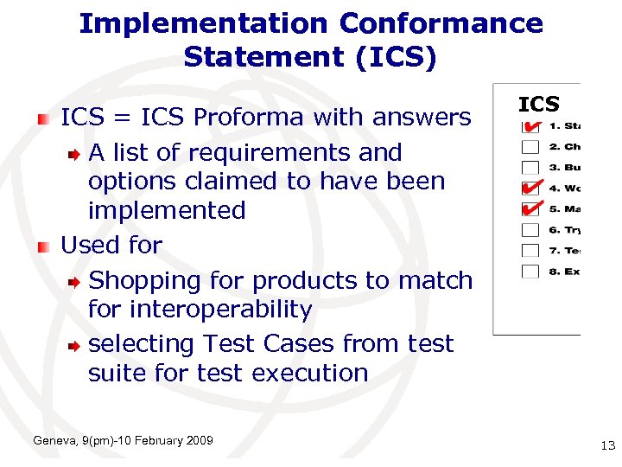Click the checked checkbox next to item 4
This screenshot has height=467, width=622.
point(530,189)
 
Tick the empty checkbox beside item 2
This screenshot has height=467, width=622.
point(530,147)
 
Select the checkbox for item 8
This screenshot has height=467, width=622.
point(530,272)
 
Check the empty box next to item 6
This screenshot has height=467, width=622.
point(530,230)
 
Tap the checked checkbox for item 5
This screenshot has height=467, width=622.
point(530,209)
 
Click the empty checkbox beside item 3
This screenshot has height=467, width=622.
point(530,168)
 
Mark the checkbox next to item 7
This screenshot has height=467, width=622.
point(530,251)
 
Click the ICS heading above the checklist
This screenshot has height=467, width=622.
point(539,105)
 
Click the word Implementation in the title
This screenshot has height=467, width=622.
point(204,23)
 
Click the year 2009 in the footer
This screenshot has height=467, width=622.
point(200,441)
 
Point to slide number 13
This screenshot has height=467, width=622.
point(607,445)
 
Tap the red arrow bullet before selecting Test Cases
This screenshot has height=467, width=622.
point(75,344)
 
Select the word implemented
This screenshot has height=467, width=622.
point(167,210)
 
